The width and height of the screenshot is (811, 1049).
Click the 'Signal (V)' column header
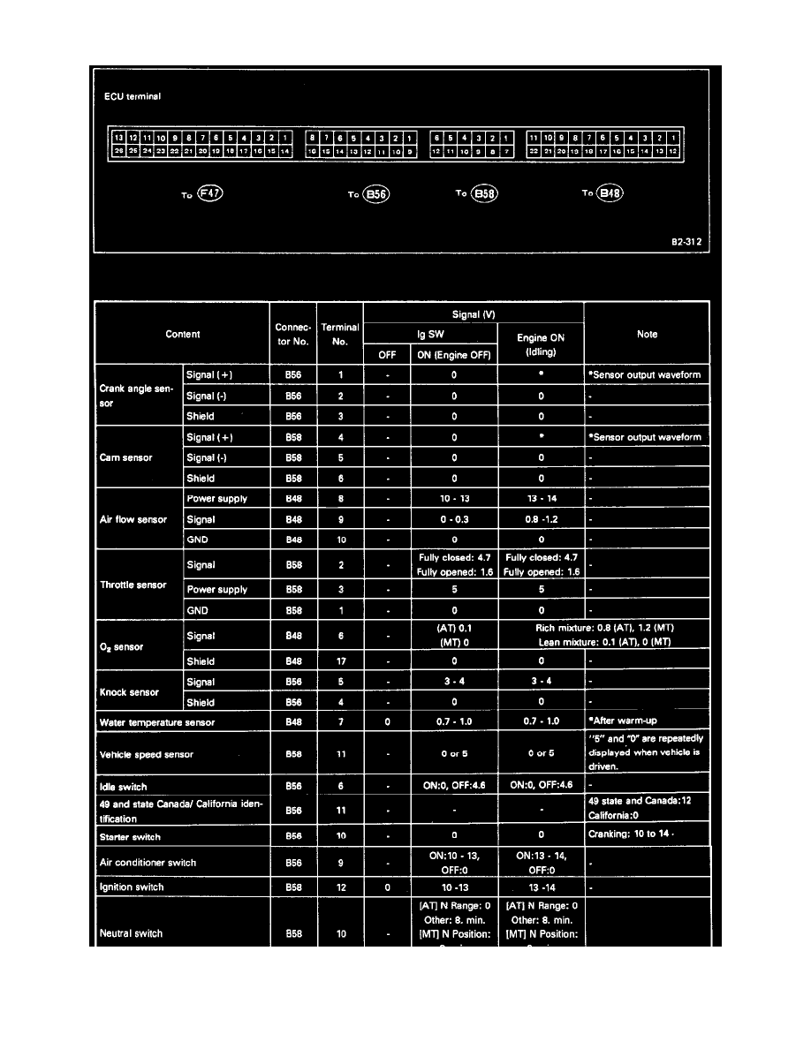coord(473,313)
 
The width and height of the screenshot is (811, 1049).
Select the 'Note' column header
coord(646,335)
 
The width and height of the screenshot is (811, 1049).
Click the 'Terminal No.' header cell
coord(339,334)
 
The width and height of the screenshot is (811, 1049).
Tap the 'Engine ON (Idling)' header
coord(541,344)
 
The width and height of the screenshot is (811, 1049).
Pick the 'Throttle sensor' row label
coord(133,585)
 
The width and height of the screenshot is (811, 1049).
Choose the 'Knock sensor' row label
coord(127,692)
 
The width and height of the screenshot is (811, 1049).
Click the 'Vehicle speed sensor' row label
coord(147,755)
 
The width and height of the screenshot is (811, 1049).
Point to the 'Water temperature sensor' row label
coord(157,722)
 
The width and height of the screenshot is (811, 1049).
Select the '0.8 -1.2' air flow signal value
coord(541,519)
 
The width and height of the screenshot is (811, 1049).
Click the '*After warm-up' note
coord(625,721)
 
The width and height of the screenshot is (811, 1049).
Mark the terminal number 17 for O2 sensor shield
coord(339,660)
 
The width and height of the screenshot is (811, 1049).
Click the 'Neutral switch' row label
coord(131,933)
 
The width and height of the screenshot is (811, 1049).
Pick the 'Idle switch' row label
coord(123,787)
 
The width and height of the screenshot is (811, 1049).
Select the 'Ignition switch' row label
coord(132,887)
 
